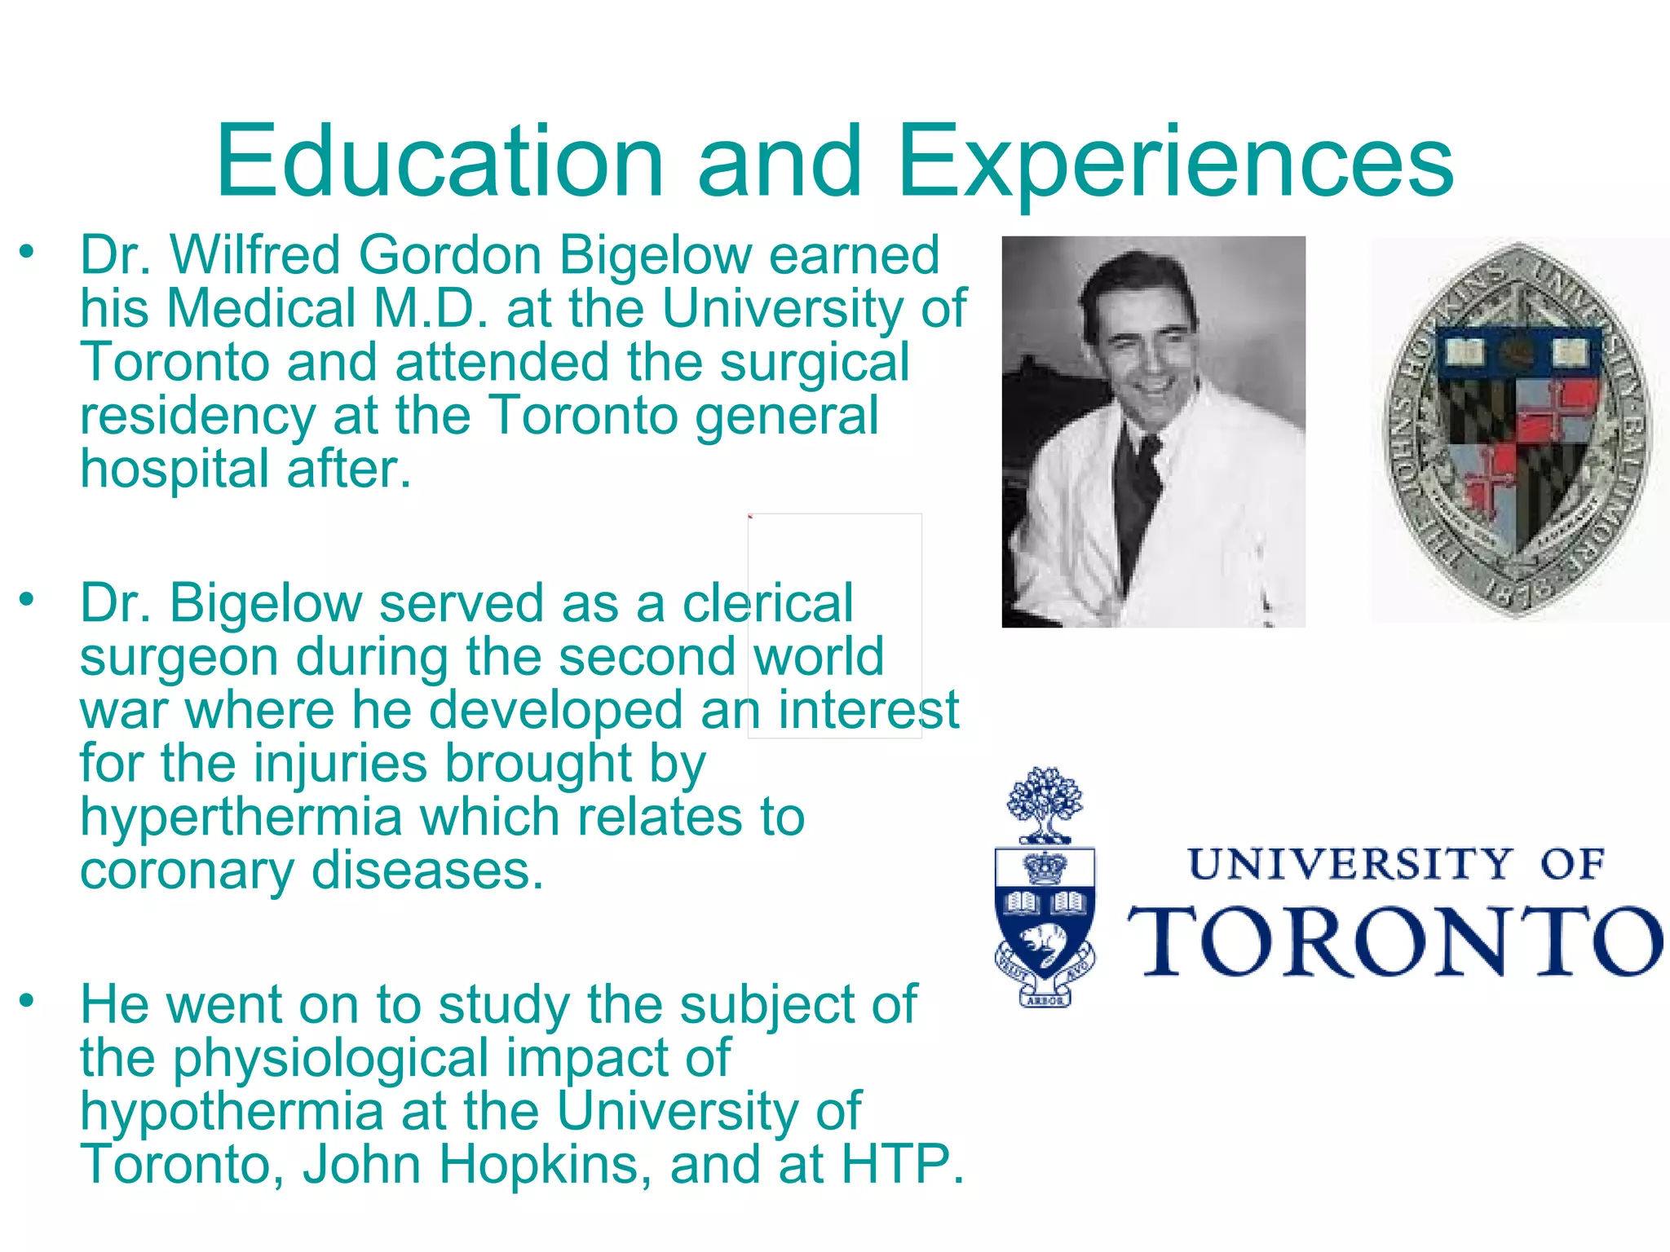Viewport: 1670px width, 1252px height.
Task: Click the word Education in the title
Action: click(x=440, y=161)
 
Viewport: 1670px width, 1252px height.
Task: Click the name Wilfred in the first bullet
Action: click(x=254, y=255)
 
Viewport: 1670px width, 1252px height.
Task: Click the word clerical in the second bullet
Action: click(x=767, y=604)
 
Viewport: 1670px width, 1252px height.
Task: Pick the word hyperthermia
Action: click(x=241, y=818)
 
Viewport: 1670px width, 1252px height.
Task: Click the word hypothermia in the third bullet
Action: click(x=232, y=1111)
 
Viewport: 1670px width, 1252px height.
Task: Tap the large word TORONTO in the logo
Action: click(x=1394, y=941)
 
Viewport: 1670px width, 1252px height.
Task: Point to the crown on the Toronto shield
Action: click(x=1045, y=868)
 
